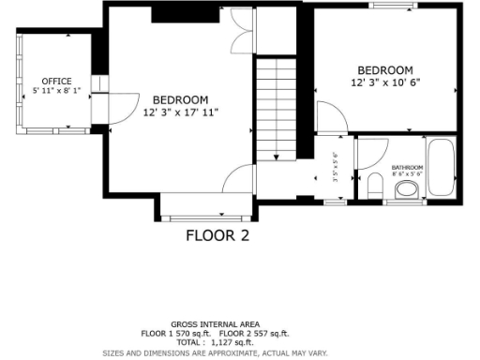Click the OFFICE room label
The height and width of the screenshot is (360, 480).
55,82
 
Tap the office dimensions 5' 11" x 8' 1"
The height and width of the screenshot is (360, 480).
55,91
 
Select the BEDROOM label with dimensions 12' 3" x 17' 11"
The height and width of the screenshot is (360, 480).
180,99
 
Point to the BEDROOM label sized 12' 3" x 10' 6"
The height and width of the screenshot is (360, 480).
384,70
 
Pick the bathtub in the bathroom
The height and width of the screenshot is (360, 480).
441,169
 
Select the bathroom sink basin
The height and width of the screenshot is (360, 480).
407,189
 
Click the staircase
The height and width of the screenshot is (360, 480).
276,108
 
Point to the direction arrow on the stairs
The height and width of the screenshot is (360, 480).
276,141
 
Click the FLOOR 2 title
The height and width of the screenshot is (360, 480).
217,235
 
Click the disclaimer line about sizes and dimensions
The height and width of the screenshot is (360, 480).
215,352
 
